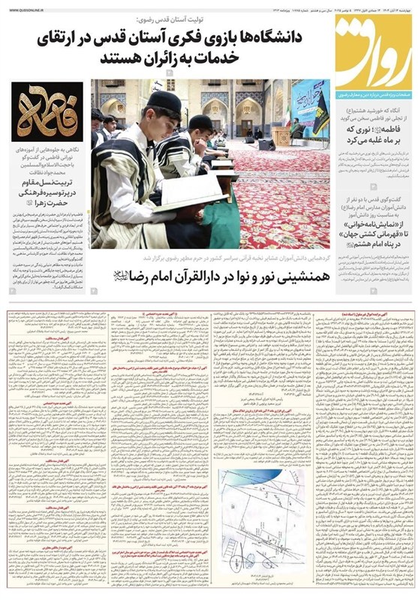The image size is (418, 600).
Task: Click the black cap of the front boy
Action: [x=165, y=101]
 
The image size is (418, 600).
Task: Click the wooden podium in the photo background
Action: [x=281, y=136]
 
